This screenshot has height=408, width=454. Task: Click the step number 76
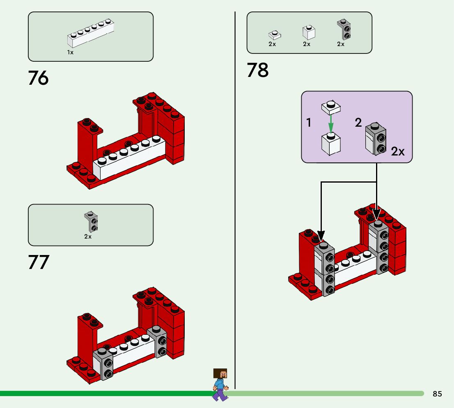pos(38,78)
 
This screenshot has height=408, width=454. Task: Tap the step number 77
pos(39,262)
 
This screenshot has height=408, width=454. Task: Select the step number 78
pos(258,70)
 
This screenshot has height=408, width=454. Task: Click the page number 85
pos(437,394)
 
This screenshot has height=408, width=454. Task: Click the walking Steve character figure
pos(220,385)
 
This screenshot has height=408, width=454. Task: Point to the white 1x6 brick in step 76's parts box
pos(91,33)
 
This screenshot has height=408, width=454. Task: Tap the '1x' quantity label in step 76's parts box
pos(70,53)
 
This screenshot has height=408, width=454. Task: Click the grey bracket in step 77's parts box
pos(91,222)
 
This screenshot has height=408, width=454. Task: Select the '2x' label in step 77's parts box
pos(88,237)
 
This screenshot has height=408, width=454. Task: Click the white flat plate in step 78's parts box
pos(275,35)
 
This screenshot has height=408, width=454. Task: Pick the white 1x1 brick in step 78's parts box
pos(309,32)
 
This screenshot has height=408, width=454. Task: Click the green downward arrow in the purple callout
pos(331,124)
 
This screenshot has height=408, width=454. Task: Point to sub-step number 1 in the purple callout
pos(309,123)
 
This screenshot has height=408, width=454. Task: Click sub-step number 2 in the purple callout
pos(358,123)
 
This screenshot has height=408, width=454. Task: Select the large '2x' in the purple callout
pos(398,151)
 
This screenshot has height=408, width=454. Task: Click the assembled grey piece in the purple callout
pos(376,139)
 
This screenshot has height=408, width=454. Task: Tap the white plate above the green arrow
pos(331,107)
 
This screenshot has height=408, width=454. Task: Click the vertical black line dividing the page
pos(235,200)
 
